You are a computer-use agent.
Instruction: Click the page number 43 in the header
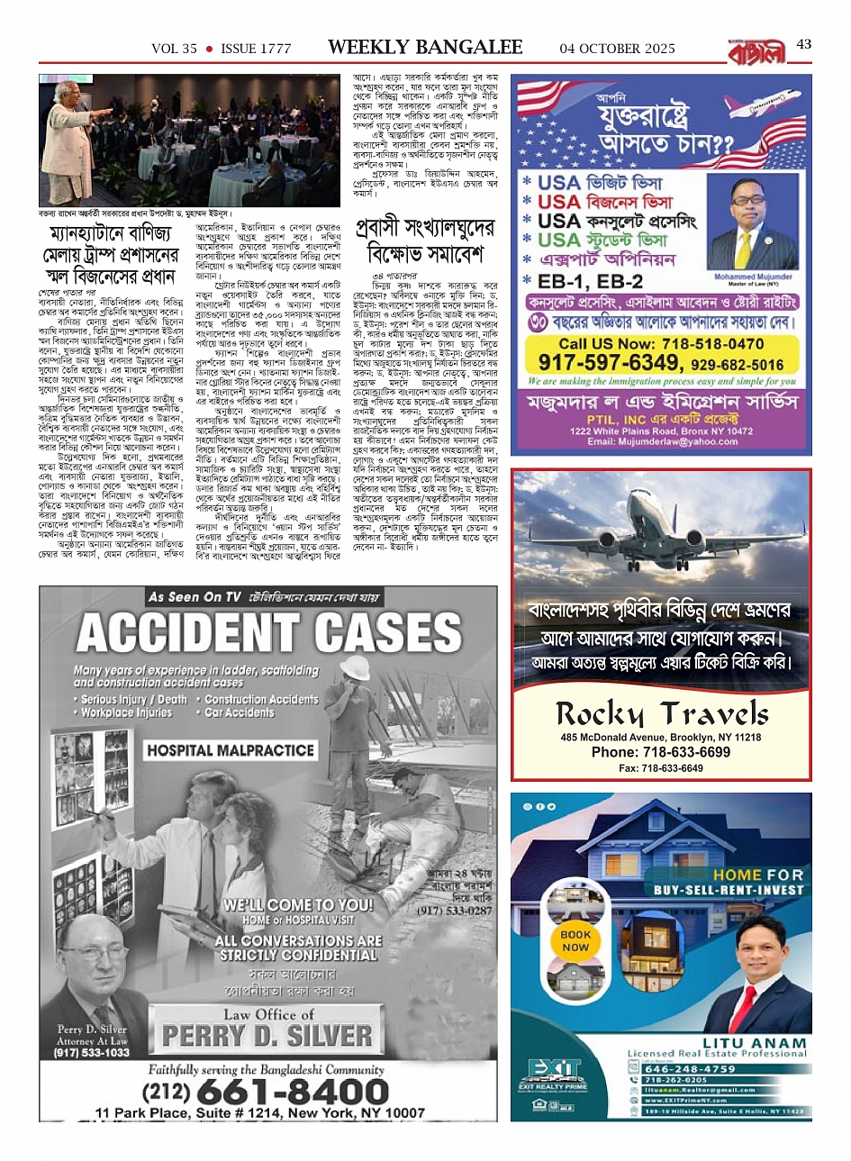click(x=804, y=44)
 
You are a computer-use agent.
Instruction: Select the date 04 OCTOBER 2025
click(x=617, y=48)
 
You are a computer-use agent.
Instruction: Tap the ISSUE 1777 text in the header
click(x=256, y=49)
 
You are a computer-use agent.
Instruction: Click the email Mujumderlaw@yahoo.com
click(x=662, y=441)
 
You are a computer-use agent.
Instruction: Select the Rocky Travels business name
click(x=662, y=714)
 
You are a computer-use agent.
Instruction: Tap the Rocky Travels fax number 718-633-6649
click(x=662, y=768)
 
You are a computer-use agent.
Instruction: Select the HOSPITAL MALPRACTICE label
click(x=231, y=750)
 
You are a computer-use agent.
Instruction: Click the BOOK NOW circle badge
click(x=575, y=940)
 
